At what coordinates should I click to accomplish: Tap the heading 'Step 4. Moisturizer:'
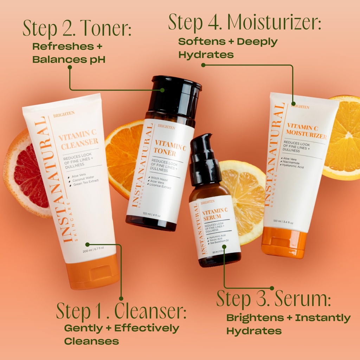(244, 22)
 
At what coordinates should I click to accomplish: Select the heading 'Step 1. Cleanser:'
(121, 311)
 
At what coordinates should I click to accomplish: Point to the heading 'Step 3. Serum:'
(274, 298)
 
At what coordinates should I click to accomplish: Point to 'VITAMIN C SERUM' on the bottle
(214, 214)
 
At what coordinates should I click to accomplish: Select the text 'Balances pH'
(69, 59)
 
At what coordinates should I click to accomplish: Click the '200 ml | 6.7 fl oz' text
(94, 250)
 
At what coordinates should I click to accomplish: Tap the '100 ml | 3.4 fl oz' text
(283, 221)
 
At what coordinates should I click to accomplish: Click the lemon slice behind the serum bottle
(246, 197)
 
